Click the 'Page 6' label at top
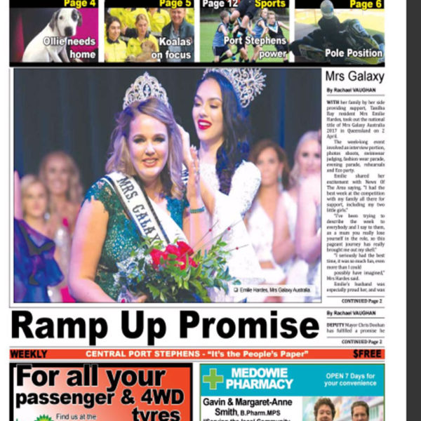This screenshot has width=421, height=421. tap(365, 4)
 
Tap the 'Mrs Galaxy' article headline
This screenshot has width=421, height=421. tap(353, 75)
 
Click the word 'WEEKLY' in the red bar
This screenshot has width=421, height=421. tap(29, 354)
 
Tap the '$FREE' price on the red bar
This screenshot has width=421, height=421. tap(368, 354)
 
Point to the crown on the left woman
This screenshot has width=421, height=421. tap(145, 90)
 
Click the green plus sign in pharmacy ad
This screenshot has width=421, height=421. tap(212, 379)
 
